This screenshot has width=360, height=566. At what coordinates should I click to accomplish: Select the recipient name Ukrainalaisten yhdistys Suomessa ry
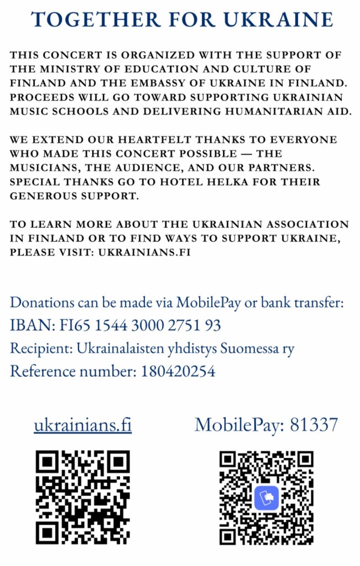pyautogui.click(x=185, y=349)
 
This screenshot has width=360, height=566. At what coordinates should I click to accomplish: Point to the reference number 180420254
pyautogui.click(x=178, y=371)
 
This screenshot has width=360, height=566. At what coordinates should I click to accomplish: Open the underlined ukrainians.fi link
pyautogui.click(x=82, y=425)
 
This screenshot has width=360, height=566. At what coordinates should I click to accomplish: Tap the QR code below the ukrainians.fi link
pyautogui.click(x=82, y=496)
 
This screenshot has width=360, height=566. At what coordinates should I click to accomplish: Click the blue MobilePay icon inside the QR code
pyautogui.click(x=267, y=497)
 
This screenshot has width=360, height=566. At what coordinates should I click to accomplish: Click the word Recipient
pyautogui.click(x=41, y=349)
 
